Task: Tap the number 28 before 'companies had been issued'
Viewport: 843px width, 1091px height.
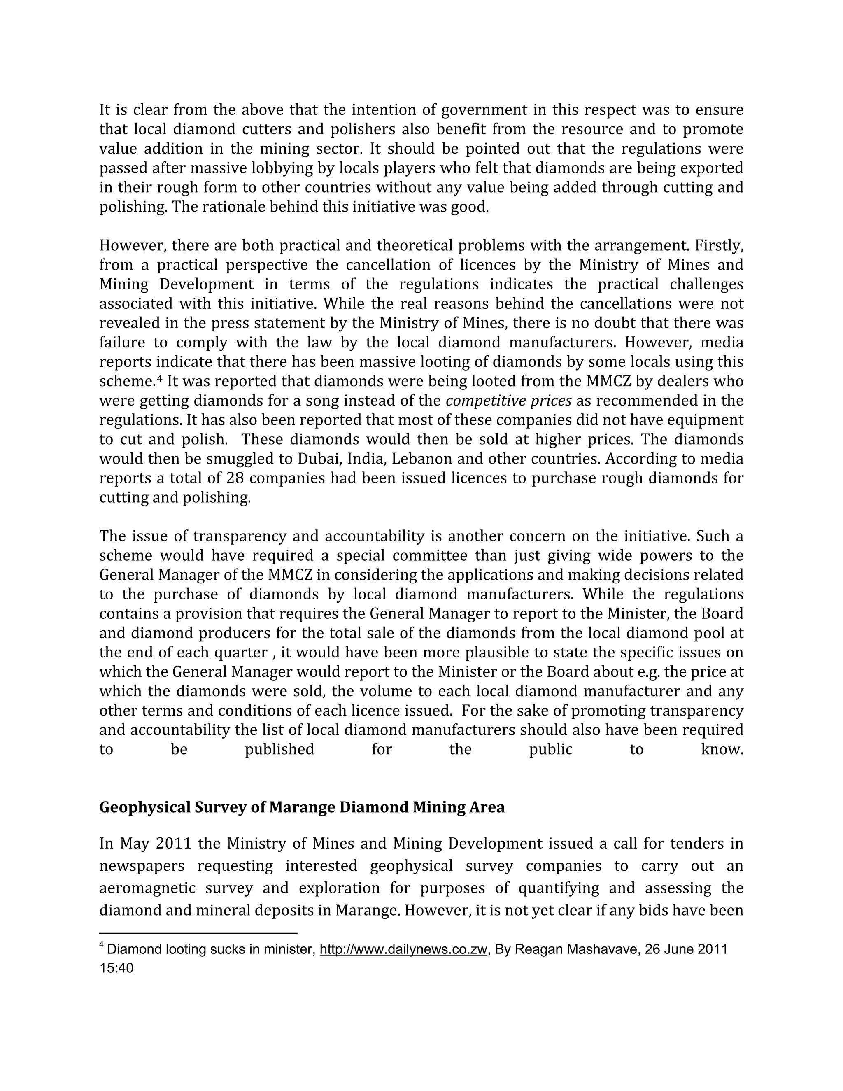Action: (235, 478)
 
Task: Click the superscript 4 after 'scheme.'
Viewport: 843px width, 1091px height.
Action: (160, 379)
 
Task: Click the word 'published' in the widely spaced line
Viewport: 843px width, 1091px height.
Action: (279, 749)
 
